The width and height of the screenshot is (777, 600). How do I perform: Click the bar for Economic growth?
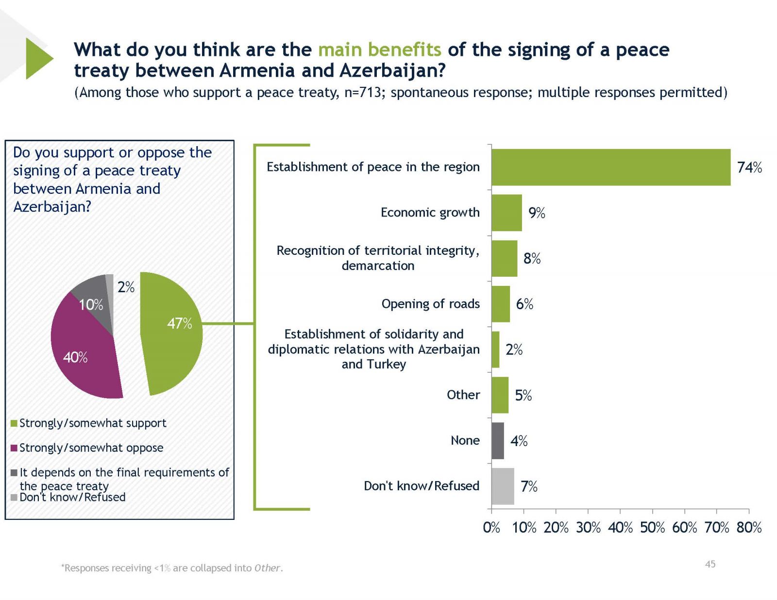pos(507,213)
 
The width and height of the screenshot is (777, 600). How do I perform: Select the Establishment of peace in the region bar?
pos(610,167)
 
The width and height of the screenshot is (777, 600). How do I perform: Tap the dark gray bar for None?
pos(498,441)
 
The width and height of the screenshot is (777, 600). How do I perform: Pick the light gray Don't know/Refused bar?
pos(503,486)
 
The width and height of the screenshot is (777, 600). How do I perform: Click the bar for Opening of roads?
pos(501,304)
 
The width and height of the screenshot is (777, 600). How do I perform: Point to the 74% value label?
pos(749,167)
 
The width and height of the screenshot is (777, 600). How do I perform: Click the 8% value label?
pos(532,258)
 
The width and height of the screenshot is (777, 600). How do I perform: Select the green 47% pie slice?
pos(175,340)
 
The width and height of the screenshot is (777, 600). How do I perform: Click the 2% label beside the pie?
pos(126,287)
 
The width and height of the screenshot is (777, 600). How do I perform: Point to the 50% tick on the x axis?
pos(652,528)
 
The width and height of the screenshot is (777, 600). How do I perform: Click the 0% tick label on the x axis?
pos(491,528)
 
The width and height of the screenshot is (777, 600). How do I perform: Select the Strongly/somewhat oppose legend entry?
pos(91,448)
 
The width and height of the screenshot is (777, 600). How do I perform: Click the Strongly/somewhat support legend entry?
pos(92,423)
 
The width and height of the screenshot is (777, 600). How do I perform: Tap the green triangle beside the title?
pos(38,58)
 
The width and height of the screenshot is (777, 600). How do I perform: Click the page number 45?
pos(710,564)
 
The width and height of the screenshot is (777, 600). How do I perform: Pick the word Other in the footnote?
pos(267,568)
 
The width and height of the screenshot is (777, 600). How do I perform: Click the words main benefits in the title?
pos(379,50)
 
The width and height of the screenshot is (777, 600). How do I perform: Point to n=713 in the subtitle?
pos(362,92)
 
